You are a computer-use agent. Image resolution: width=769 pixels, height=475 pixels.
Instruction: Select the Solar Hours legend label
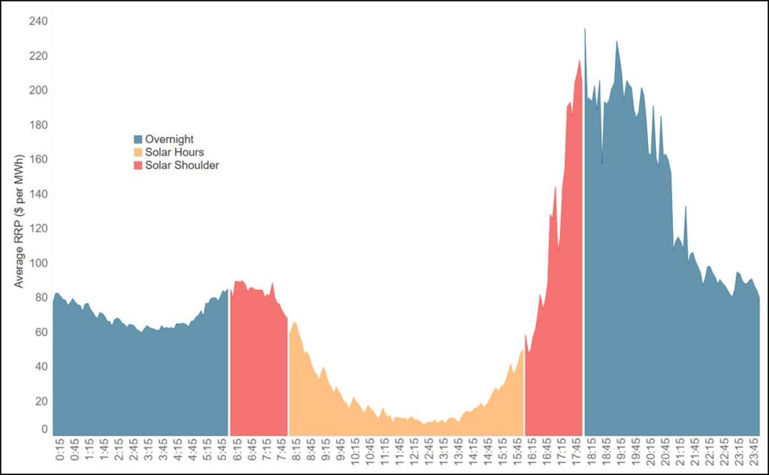(174, 153)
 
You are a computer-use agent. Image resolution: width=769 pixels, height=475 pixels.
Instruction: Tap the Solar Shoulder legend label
(182, 165)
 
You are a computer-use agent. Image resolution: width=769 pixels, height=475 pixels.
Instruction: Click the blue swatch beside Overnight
(138, 139)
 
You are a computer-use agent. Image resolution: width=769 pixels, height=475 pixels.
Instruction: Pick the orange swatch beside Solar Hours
(138, 153)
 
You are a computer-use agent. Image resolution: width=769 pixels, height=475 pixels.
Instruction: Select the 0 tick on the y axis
(44, 430)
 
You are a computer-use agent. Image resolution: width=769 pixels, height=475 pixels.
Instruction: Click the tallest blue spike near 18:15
(585, 30)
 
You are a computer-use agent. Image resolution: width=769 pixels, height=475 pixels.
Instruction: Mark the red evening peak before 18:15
(580, 62)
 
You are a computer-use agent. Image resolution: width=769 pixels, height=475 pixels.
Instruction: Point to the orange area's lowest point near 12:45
(424, 424)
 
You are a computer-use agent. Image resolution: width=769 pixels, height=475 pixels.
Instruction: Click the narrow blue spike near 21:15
(685, 207)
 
